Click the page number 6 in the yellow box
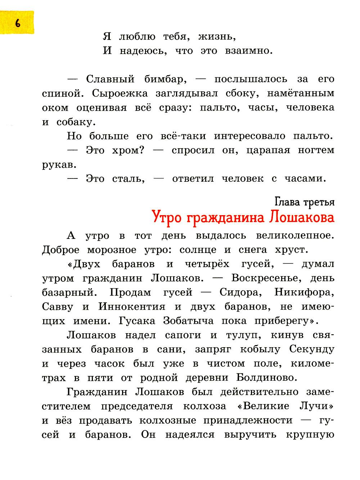coord(17,23)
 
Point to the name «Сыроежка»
coord(120,93)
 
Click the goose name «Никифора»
coord(305,292)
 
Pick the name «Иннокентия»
coord(132,307)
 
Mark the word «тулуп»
coord(242,335)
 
